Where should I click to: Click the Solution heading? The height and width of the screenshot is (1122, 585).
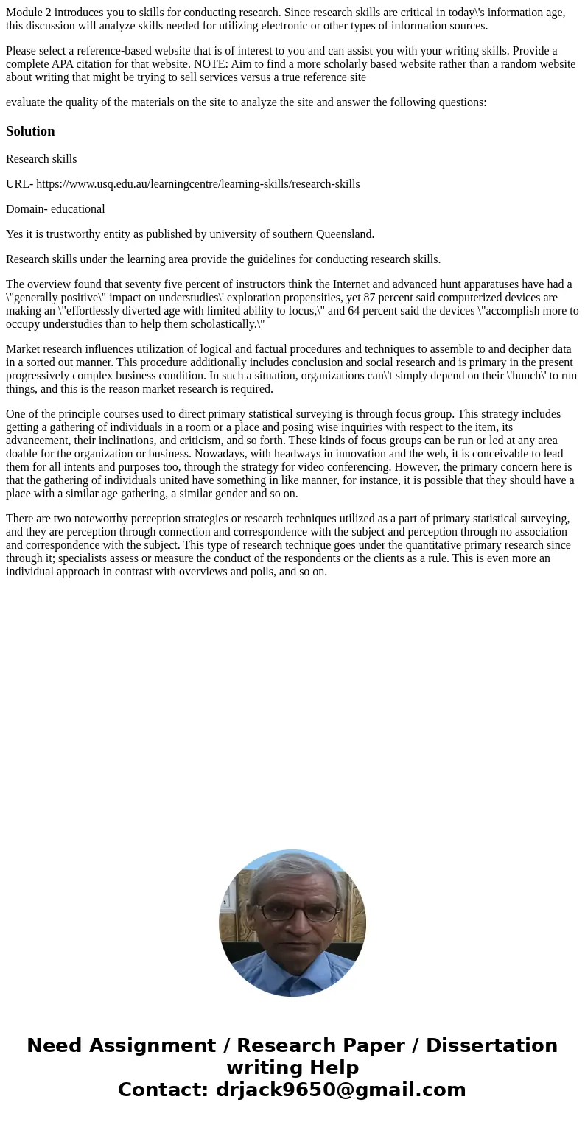click(30, 131)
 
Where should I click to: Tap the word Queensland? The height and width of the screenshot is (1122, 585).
click(345, 234)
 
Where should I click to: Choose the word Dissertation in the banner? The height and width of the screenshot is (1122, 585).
click(491, 1046)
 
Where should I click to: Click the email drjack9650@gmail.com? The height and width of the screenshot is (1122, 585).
click(340, 1090)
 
